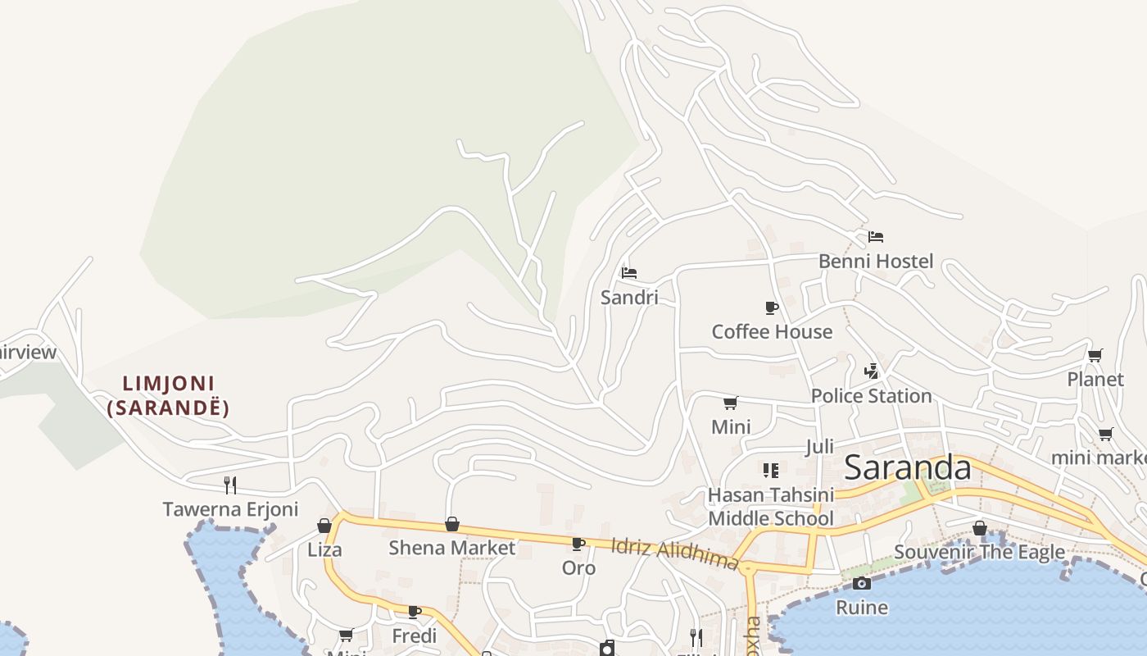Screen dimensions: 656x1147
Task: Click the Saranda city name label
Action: pyautogui.click(x=907, y=468)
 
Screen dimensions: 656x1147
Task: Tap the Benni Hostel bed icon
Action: pyautogui.click(x=876, y=237)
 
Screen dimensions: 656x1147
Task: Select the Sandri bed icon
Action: pyautogui.click(x=629, y=273)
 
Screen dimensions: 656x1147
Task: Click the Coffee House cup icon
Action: pyautogui.click(x=771, y=307)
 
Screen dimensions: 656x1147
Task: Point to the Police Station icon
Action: pyautogui.click(x=871, y=371)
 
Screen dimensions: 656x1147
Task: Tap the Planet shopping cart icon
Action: pyautogui.click(x=1095, y=355)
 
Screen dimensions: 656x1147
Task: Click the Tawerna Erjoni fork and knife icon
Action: pyautogui.click(x=230, y=485)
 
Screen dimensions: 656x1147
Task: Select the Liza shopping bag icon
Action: pyautogui.click(x=324, y=526)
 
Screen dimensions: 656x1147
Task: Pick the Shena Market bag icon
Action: pyautogui.click(x=451, y=524)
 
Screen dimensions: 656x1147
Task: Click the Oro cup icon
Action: pyautogui.click(x=578, y=544)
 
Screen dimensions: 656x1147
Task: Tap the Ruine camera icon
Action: pyautogui.click(x=861, y=583)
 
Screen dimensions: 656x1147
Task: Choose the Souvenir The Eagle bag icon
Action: pyautogui.click(x=979, y=528)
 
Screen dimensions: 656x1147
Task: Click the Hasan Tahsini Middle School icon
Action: pyautogui.click(x=770, y=470)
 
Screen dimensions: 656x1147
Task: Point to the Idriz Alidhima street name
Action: pyautogui.click(x=675, y=554)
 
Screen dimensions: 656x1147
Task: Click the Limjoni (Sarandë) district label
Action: pyautogui.click(x=168, y=395)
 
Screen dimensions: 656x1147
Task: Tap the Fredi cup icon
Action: pyautogui.click(x=415, y=612)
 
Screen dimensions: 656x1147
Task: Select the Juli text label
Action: pyautogui.click(x=819, y=447)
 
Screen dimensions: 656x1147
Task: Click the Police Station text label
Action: pyautogui.click(x=871, y=396)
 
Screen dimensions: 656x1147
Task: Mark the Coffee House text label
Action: pyautogui.click(x=772, y=332)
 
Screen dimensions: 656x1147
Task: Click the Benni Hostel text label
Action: pyautogui.click(x=876, y=262)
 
